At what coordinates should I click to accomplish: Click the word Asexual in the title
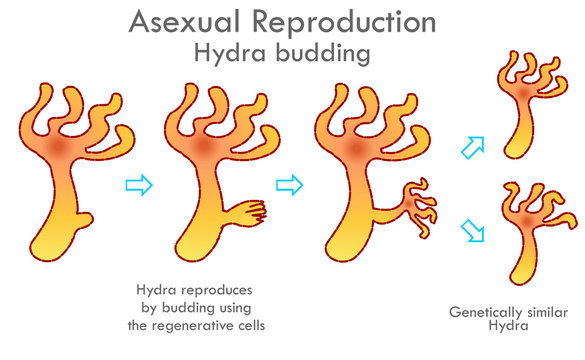pos(179,22)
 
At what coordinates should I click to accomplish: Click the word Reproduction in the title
pos(338,22)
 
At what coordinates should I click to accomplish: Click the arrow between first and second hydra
pos(139,184)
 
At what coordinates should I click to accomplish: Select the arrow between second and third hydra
pos(288,184)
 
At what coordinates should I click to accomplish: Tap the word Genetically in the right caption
pos(484,311)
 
